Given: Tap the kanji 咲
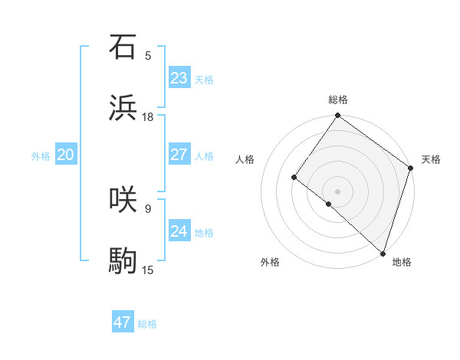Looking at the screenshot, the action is coord(123,199).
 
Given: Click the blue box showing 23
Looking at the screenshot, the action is coord(179,78).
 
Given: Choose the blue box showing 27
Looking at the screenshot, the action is coord(179,155).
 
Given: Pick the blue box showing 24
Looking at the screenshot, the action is coord(179,231).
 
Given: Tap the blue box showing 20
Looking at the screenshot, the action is coord(65,155).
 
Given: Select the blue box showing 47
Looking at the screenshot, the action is coord(123,322).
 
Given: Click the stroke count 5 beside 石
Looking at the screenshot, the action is coord(148,55).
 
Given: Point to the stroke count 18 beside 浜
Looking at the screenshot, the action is coord(148,117).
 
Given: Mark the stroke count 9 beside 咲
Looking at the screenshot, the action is coord(148,208).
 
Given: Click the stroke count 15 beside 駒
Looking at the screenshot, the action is coord(148,270).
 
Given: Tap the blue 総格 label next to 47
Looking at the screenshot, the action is coord(147,324).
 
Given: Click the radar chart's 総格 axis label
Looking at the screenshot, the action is coord(338,100).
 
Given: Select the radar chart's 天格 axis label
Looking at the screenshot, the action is coord(431,159).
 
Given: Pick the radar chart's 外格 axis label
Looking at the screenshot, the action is coord(270,262).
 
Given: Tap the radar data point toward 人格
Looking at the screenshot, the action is coord(294,178).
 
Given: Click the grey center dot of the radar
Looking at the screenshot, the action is coord(337,191).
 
